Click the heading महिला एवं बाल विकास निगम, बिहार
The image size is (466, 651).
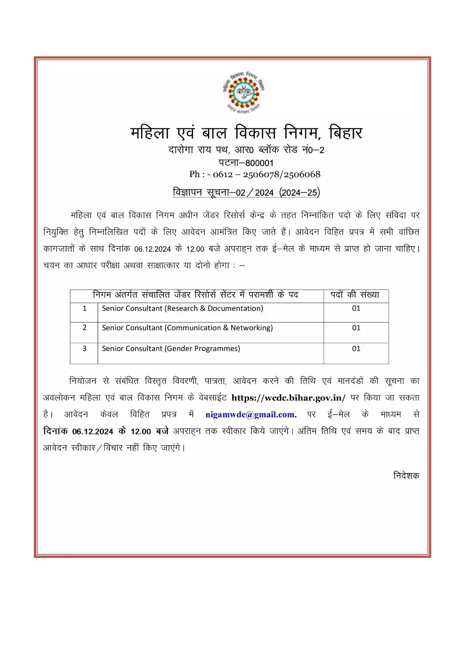pos(246,132)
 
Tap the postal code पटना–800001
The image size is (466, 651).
pos(246,163)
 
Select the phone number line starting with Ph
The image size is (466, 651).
pos(255,174)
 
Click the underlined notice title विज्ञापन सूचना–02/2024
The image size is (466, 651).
pos(246,192)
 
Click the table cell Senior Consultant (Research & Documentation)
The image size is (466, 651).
pos(183,308)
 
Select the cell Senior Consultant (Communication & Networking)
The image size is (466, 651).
pos(187,328)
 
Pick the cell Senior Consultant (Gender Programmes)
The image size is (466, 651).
pos(171,348)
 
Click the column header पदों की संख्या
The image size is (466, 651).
pos(355,295)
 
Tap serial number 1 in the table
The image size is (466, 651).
pos(85,308)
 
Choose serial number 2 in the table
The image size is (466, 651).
pos(85,328)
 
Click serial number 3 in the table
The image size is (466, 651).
pos(85,348)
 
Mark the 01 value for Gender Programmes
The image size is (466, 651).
pos(356,348)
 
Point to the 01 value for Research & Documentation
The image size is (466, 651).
pos(356,308)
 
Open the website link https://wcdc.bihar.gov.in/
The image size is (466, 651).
pos(288,397)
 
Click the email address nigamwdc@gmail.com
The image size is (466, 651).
pos(251,415)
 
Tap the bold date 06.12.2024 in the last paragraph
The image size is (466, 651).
pos(92,432)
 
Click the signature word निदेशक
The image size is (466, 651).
pos(406,476)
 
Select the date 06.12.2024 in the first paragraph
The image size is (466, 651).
pos(153,249)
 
